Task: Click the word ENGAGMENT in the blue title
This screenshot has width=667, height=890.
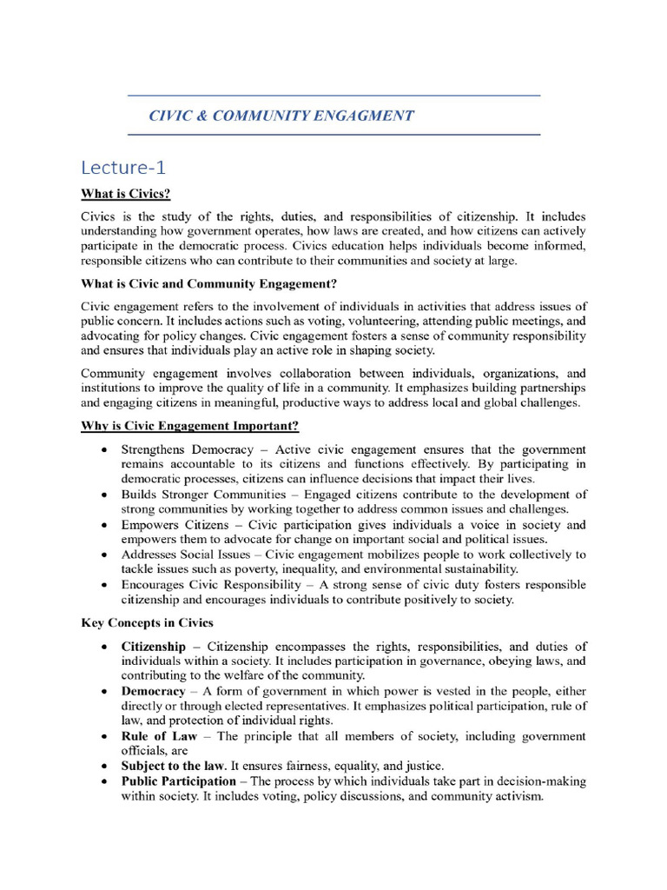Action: point(362,116)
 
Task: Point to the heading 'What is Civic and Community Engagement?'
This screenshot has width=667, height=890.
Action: point(208,283)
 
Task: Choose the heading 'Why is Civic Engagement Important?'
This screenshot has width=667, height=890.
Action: point(190,426)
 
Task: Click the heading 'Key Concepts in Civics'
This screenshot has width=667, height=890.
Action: point(148,622)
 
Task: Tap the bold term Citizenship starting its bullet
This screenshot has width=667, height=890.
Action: point(153,647)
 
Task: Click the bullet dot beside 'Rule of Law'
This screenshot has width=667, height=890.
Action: point(104,737)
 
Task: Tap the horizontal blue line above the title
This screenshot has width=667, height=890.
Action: point(333,95)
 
